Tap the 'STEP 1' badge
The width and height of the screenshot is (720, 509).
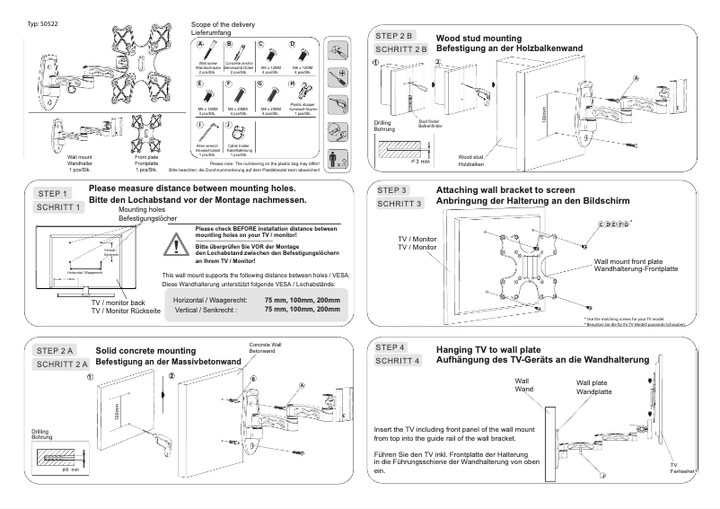click(51, 194)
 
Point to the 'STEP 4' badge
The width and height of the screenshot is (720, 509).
click(391, 347)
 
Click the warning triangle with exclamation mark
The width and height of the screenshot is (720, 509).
click(180, 245)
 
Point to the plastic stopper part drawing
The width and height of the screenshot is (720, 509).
click(301, 91)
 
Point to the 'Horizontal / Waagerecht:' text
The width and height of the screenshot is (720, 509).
click(205, 299)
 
